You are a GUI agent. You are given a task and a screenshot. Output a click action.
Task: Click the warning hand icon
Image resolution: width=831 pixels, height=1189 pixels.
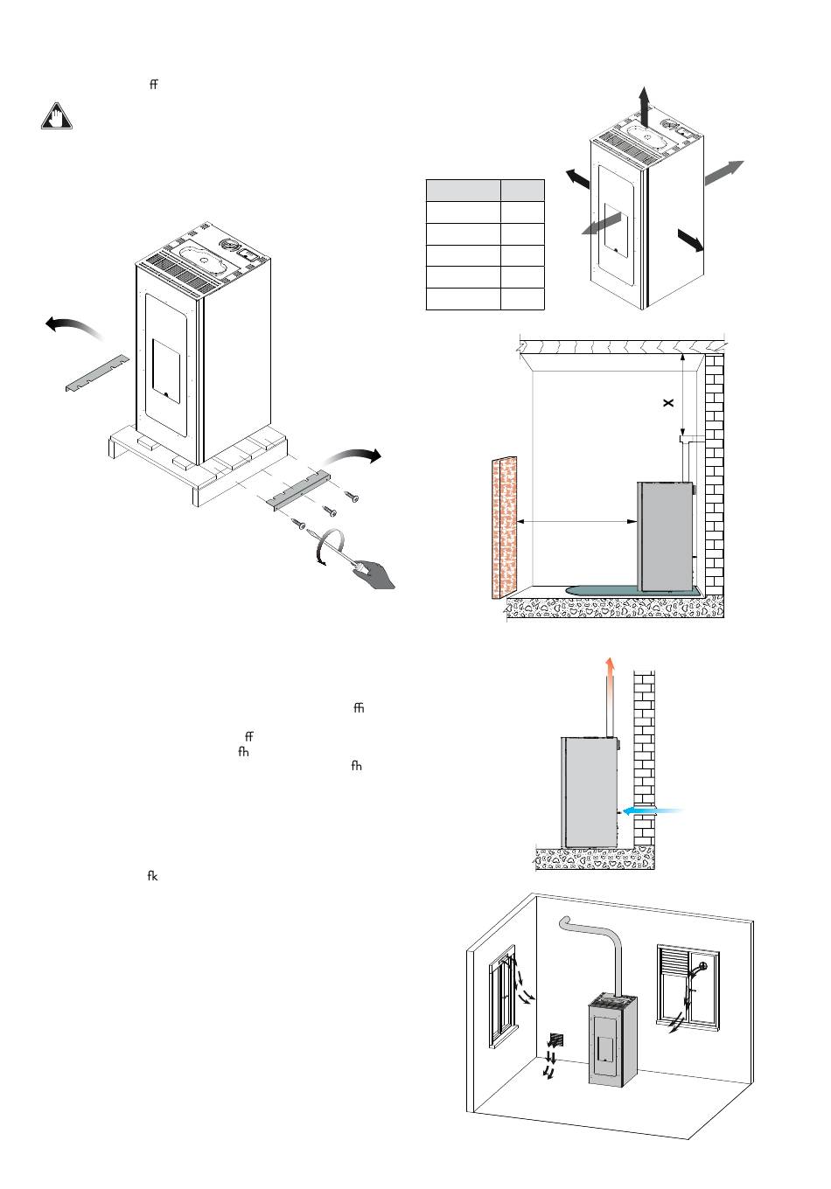pyautogui.click(x=57, y=117)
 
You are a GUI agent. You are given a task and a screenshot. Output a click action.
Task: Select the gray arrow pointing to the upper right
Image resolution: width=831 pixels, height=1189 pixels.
pyautogui.click(x=723, y=172)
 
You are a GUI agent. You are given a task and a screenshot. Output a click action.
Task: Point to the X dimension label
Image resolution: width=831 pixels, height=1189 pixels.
pyautogui.click(x=667, y=403)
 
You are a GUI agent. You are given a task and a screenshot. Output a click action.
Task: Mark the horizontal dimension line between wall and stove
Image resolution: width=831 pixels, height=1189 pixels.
pyautogui.click(x=577, y=522)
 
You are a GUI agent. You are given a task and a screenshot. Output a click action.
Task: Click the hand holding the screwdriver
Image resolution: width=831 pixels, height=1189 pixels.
pyautogui.click(x=374, y=573)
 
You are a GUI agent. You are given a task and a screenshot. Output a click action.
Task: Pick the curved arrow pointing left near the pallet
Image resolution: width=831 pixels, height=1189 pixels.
pyautogui.click(x=73, y=326)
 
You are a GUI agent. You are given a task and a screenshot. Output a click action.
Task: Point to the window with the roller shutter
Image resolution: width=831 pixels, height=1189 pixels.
pyautogui.click(x=688, y=984)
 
